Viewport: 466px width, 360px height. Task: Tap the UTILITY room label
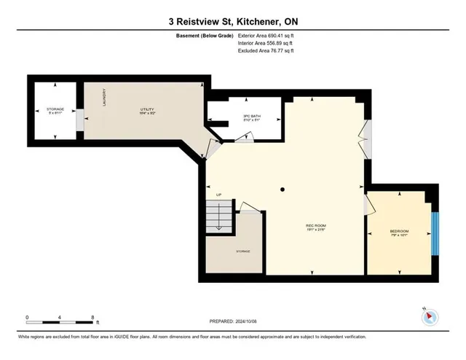tap(148, 111)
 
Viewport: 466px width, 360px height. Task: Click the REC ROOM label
tap(315, 226)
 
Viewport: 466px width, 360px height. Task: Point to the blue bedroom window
tap(434, 233)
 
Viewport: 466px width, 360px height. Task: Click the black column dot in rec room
tap(283, 189)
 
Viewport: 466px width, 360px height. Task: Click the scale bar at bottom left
tap(59, 318)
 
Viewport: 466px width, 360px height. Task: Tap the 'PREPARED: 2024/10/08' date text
tap(232, 319)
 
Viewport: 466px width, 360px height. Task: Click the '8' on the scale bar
tap(92, 318)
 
